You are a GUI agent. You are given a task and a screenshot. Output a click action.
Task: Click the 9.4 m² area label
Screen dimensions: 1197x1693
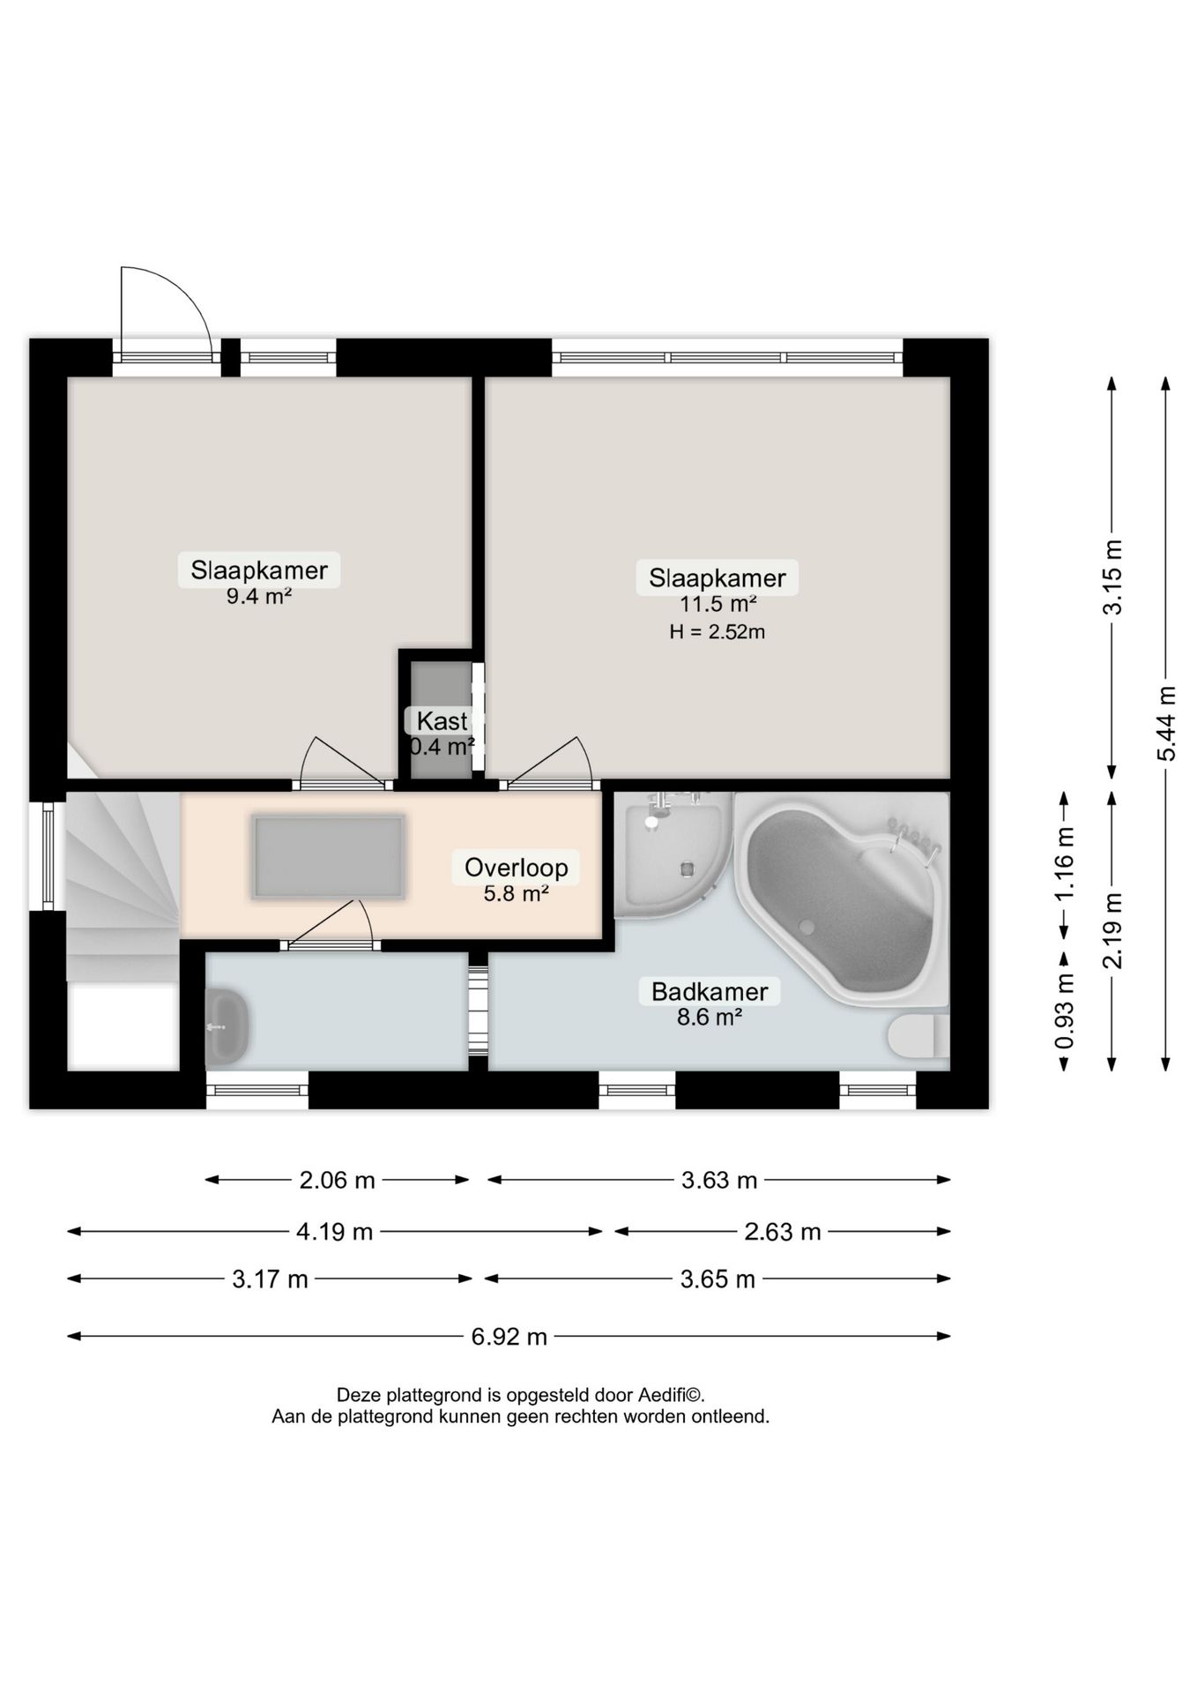[259, 597]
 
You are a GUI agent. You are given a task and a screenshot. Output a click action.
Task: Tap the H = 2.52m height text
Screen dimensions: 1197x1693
[717, 631]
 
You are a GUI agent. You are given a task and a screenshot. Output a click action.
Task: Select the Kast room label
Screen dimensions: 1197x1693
[442, 720]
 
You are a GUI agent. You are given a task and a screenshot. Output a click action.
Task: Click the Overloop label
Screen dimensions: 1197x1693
[517, 868]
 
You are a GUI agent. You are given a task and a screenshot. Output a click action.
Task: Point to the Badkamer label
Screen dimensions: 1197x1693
[710, 991]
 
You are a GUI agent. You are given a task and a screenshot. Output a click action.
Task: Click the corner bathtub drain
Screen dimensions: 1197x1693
[805, 927]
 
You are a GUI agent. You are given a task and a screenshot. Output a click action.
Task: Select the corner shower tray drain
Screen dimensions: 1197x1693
[686, 869]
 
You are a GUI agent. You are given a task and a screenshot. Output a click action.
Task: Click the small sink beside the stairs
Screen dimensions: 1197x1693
[227, 1026]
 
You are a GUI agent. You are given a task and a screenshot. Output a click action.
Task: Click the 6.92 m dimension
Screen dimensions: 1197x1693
[509, 1337]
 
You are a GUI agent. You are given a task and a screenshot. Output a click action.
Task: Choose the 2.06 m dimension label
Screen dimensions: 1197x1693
[338, 1180]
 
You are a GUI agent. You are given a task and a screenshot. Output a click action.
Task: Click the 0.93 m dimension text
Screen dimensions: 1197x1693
[1065, 1011]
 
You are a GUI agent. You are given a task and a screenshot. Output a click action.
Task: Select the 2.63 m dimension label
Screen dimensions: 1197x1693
[783, 1232]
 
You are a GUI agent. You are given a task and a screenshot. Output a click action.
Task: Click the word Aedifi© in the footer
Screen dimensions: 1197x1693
[670, 1396]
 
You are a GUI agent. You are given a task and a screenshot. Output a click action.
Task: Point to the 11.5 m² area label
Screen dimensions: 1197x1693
[717, 605]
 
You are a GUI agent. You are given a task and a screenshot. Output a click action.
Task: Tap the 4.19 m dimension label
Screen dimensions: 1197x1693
[335, 1232]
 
